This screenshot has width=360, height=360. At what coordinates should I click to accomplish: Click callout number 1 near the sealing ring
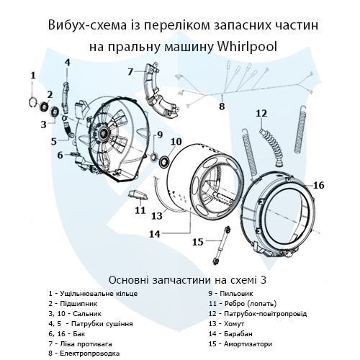click(x=32, y=75)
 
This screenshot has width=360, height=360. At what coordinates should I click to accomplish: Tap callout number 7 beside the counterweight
click(x=131, y=71)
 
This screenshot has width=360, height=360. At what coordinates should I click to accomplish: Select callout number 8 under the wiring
click(x=222, y=107)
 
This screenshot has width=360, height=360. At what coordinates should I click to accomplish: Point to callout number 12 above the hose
click(x=261, y=113)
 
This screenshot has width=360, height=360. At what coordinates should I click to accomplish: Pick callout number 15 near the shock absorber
click(x=197, y=242)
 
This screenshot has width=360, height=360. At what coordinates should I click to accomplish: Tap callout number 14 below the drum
click(x=154, y=233)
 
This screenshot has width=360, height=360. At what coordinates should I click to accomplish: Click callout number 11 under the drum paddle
click(x=140, y=210)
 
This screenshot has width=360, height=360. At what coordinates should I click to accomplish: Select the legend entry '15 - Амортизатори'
click(x=242, y=344)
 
